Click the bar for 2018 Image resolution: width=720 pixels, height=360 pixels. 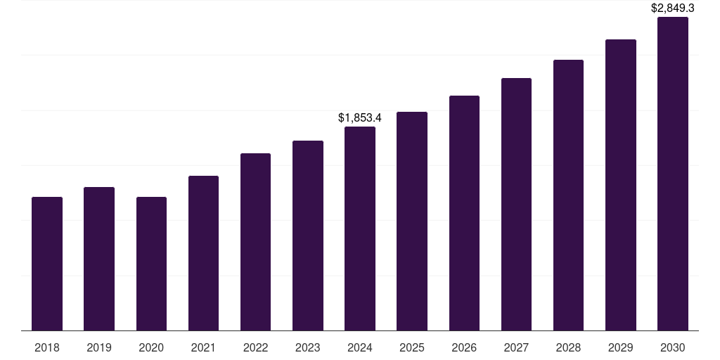click(47, 264)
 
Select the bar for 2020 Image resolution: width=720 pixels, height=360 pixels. click(151, 264)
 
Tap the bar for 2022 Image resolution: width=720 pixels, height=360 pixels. click(255, 242)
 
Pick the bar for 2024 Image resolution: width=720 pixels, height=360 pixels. click(360, 229)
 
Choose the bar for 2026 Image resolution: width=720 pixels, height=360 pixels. click(464, 213)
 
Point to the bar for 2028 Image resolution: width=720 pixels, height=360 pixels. click(568, 195)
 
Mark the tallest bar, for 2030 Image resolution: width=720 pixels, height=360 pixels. click(673, 174)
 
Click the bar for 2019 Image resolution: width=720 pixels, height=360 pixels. click(99, 259)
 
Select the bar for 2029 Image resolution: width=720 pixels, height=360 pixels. click(621, 185)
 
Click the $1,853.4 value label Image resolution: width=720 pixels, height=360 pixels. click(360, 117)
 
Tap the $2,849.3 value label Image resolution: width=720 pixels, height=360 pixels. click(673, 8)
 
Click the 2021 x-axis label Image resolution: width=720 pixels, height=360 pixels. click(203, 347)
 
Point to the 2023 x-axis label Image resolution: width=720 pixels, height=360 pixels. click(308, 347)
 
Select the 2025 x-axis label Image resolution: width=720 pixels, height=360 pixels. click(412, 347)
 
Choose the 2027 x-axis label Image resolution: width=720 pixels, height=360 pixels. click(516, 347)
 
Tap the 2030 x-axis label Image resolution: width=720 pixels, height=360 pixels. click(673, 347)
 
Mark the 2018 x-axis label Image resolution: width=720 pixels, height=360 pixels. click(47, 347)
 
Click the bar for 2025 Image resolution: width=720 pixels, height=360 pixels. click(412, 221)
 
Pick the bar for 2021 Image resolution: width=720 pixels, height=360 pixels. click(203, 253)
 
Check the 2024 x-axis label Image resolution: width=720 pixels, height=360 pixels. click(360, 347)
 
